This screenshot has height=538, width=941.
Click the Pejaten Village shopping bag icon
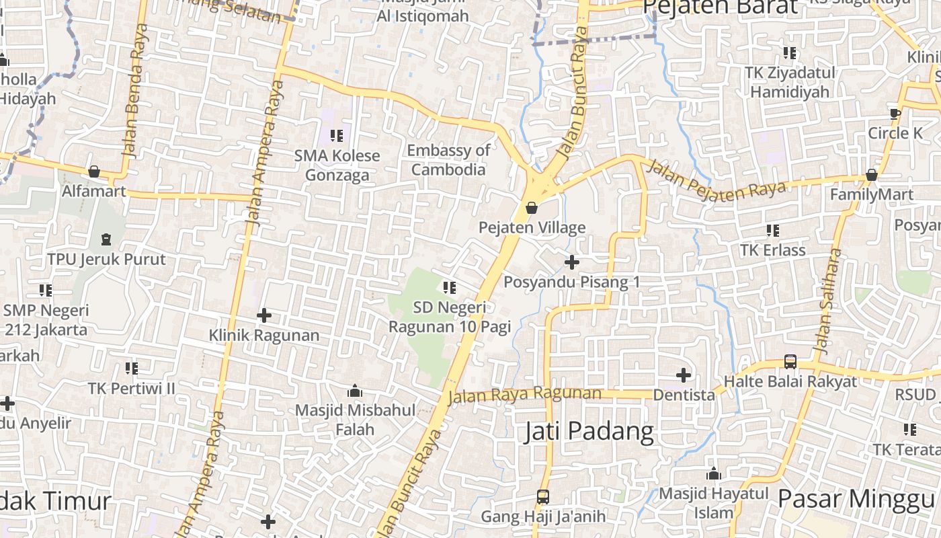coord(532,208)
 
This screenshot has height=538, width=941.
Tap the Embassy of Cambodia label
coord(448,160)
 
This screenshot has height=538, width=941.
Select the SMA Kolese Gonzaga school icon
coord(337,136)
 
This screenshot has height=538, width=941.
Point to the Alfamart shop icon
coord(94,171)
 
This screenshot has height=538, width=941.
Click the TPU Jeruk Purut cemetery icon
coord(106,239)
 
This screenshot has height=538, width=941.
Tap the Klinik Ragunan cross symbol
coord(264,315)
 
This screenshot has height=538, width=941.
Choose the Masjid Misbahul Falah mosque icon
coord(355,390)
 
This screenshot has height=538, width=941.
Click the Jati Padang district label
coord(589,431)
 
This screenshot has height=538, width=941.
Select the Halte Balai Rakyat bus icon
coord(790,361)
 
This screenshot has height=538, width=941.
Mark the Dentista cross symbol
coord(684,375)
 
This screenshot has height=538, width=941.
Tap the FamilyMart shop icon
coord(872,175)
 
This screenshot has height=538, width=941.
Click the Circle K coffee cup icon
coord(895,113)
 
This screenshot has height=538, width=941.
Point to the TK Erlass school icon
coord(773,230)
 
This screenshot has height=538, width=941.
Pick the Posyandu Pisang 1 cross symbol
coord(572,262)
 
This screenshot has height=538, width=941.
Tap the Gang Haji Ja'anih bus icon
coord(543,497)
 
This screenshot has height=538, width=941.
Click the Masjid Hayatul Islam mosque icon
coord(714,473)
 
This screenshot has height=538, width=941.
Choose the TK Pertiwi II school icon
coord(132,368)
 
